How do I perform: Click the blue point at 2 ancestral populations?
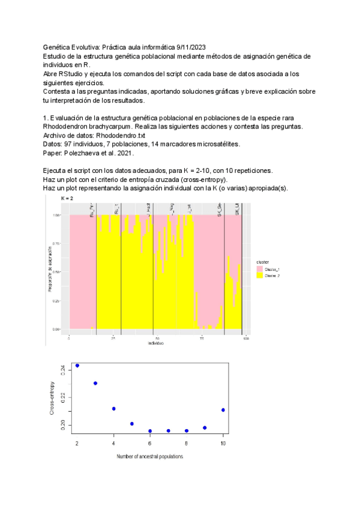(77, 366)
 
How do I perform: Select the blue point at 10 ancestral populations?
(223, 410)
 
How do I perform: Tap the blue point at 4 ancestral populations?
(113, 409)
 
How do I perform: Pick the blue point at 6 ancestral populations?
(150, 431)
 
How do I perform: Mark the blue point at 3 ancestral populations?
(95, 383)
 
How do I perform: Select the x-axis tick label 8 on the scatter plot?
(187, 443)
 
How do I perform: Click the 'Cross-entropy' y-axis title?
(53, 400)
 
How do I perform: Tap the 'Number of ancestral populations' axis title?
(150, 457)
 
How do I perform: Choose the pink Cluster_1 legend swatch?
(260, 270)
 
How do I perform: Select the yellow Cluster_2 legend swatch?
(260, 276)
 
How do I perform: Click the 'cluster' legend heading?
(262, 263)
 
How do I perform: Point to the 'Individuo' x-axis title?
(155, 343)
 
